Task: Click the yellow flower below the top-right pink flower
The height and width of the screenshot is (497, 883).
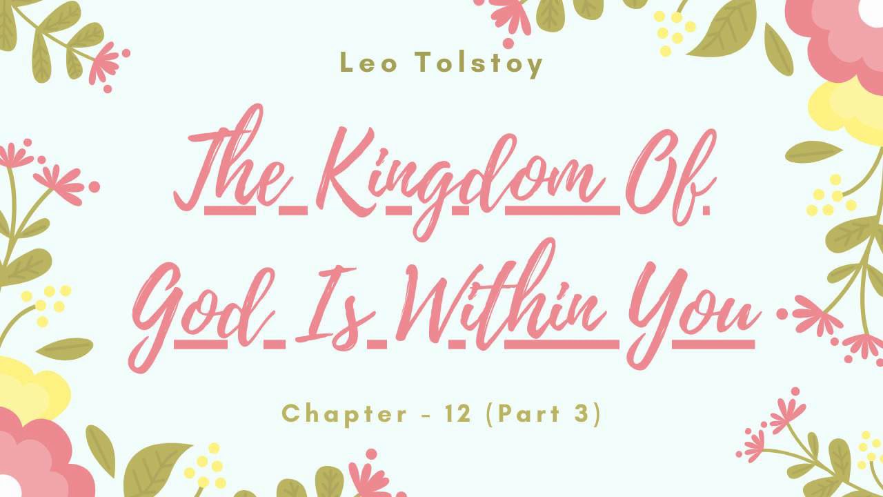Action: [x=849, y=110]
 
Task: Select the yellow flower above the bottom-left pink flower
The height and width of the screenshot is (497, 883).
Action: [x=28, y=390]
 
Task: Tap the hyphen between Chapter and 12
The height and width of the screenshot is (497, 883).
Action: [x=426, y=415]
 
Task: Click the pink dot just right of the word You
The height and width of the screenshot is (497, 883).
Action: [x=782, y=314]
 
